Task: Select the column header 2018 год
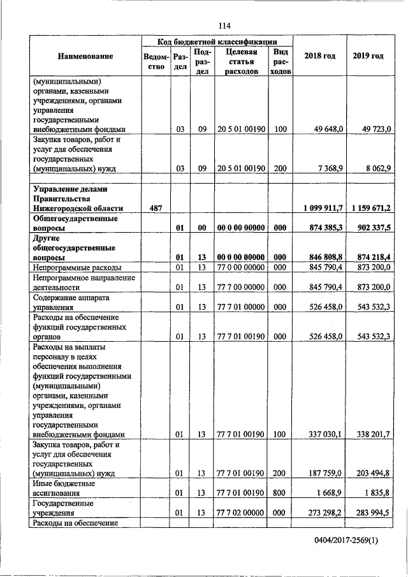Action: click(320, 56)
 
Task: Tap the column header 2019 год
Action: click(368, 56)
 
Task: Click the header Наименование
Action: click(85, 56)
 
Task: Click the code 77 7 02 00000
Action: click(240, 513)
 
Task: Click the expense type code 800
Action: click(280, 493)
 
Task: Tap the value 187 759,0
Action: click(326, 474)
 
